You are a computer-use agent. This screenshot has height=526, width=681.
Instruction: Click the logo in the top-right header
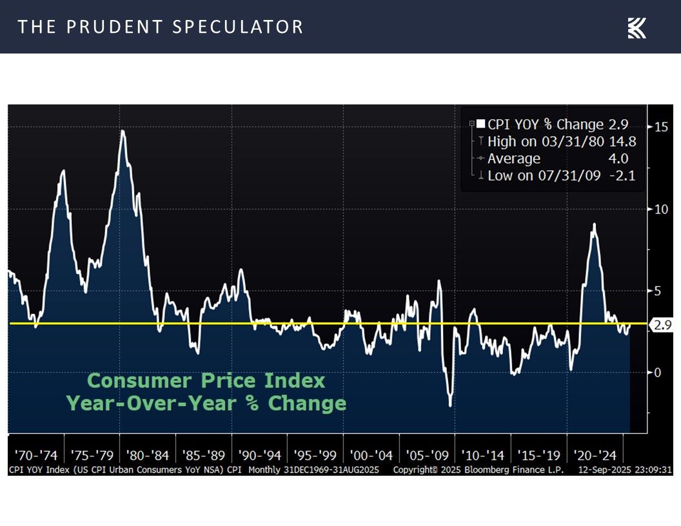(x=637, y=28)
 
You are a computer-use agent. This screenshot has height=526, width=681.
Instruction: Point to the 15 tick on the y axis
(x=660, y=126)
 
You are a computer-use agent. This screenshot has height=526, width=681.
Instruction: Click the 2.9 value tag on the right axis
(x=662, y=326)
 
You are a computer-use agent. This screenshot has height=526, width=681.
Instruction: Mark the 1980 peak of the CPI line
(x=123, y=131)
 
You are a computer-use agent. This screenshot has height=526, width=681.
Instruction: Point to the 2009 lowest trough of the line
(x=449, y=405)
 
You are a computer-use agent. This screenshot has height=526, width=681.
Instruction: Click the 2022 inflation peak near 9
(x=594, y=224)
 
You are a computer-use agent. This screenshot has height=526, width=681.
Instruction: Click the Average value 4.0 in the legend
(x=617, y=159)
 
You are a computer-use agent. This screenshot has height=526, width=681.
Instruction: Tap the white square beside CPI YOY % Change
(x=480, y=124)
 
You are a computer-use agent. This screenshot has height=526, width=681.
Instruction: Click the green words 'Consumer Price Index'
(x=206, y=381)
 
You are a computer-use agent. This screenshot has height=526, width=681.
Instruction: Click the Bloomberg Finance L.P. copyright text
(x=478, y=470)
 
